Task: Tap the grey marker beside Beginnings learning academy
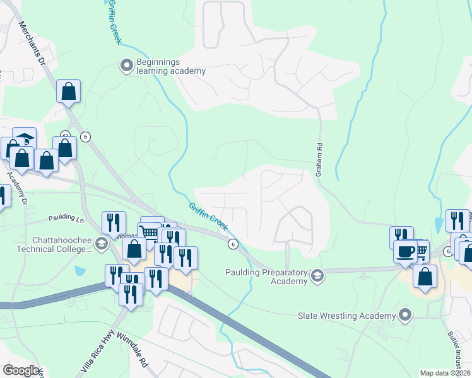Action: [127, 65]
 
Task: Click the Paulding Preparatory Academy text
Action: [266, 277]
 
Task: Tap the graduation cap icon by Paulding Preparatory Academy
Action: [317, 275]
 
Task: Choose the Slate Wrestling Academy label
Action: [347, 314]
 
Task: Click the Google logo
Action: [21, 370]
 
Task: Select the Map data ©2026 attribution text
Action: [445, 373]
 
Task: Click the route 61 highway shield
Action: [65, 135]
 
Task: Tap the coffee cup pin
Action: [404, 251]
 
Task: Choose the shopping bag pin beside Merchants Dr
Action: [68, 91]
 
